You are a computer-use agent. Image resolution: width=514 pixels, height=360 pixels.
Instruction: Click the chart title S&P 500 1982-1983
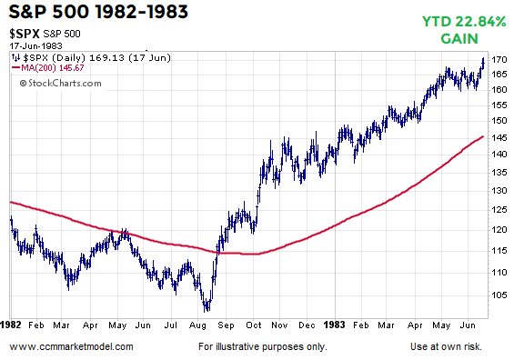click(92, 14)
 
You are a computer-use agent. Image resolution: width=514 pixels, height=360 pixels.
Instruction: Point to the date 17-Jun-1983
click(36, 46)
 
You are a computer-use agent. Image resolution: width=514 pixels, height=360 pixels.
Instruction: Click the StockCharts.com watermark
click(53, 83)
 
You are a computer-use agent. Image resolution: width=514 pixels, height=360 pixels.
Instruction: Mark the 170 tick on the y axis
click(498, 60)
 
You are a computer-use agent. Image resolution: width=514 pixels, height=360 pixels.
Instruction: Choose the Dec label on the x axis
click(307, 323)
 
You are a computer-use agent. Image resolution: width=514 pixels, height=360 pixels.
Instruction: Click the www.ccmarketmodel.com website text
click(72, 346)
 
